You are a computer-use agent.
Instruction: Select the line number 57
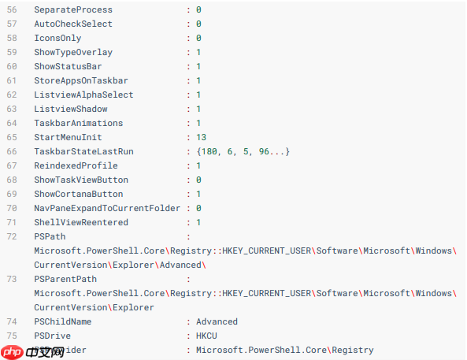[12, 24]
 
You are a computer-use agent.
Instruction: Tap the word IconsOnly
[57, 38]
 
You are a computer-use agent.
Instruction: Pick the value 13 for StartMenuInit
[201, 137]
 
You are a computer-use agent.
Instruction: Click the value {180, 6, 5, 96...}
[243, 151]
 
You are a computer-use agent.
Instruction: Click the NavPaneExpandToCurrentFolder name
[107, 208]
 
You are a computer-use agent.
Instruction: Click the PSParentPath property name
[65, 279]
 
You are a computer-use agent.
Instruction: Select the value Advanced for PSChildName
[217, 321]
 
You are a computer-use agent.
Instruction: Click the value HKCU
[206, 336]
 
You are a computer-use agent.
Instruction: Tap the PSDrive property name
[52, 336]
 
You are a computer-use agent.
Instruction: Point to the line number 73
[12, 279]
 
